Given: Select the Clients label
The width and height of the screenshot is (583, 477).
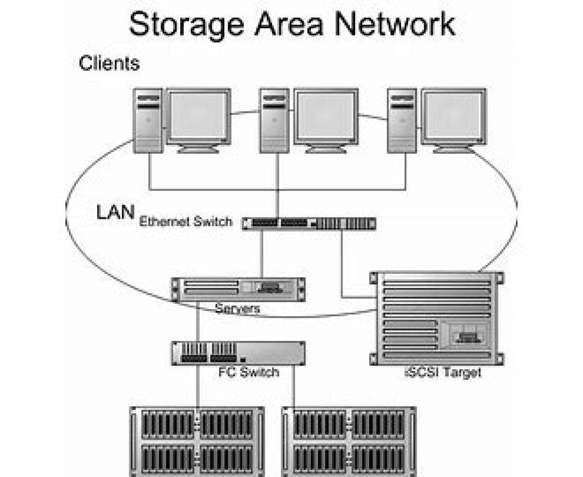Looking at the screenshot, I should pyautogui.click(x=109, y=63).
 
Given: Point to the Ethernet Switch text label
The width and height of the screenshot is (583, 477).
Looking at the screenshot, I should pyautogui.click(x=186, y=222).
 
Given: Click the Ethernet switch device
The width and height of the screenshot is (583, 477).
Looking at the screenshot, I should pyautogui.click(x=309, y=223).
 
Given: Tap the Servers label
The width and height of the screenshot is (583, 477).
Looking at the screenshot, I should pyautogui.click(x=238, y=308).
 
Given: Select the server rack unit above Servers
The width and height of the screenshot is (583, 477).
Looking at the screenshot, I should pyautogui.click(x=238, y=289).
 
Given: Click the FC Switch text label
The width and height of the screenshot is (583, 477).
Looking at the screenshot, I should pyautogui.click(x=249, y=372).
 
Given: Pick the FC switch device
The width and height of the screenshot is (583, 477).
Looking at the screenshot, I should pyautogui.click(x=238, y=353).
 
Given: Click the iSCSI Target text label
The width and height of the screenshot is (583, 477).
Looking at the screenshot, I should pyautogui.click(x=443, y=373).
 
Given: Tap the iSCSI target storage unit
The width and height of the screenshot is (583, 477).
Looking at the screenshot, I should pyautogui.click(x=435, y=318).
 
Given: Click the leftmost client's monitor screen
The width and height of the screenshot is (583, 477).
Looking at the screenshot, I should pyautogui.click(x=198, y=116).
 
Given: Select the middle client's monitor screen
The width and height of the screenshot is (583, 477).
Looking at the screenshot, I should pyautogui.click(x=326, y=116).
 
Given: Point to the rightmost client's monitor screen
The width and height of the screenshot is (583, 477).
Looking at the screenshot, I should pyautogui.click(x=453, y=116).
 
